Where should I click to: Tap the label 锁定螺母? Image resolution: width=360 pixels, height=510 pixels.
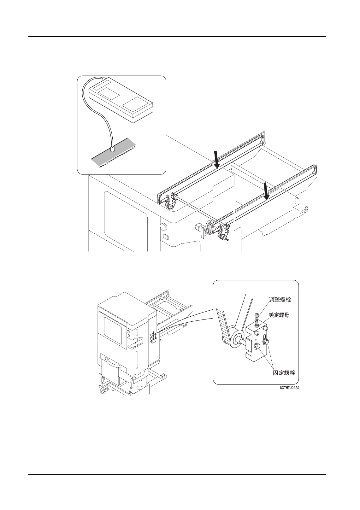(279, 315)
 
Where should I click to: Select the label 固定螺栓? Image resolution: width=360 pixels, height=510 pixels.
(284, 373)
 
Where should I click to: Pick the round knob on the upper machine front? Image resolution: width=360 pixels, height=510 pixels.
(163, 226)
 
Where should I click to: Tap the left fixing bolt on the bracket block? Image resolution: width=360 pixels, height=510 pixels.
(256, 347)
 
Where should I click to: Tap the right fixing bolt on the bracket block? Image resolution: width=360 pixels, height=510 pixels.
(266, 341)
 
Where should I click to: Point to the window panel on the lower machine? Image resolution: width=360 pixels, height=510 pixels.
(113, 331)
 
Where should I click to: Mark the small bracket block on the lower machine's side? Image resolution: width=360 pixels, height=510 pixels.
(154, 337)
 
